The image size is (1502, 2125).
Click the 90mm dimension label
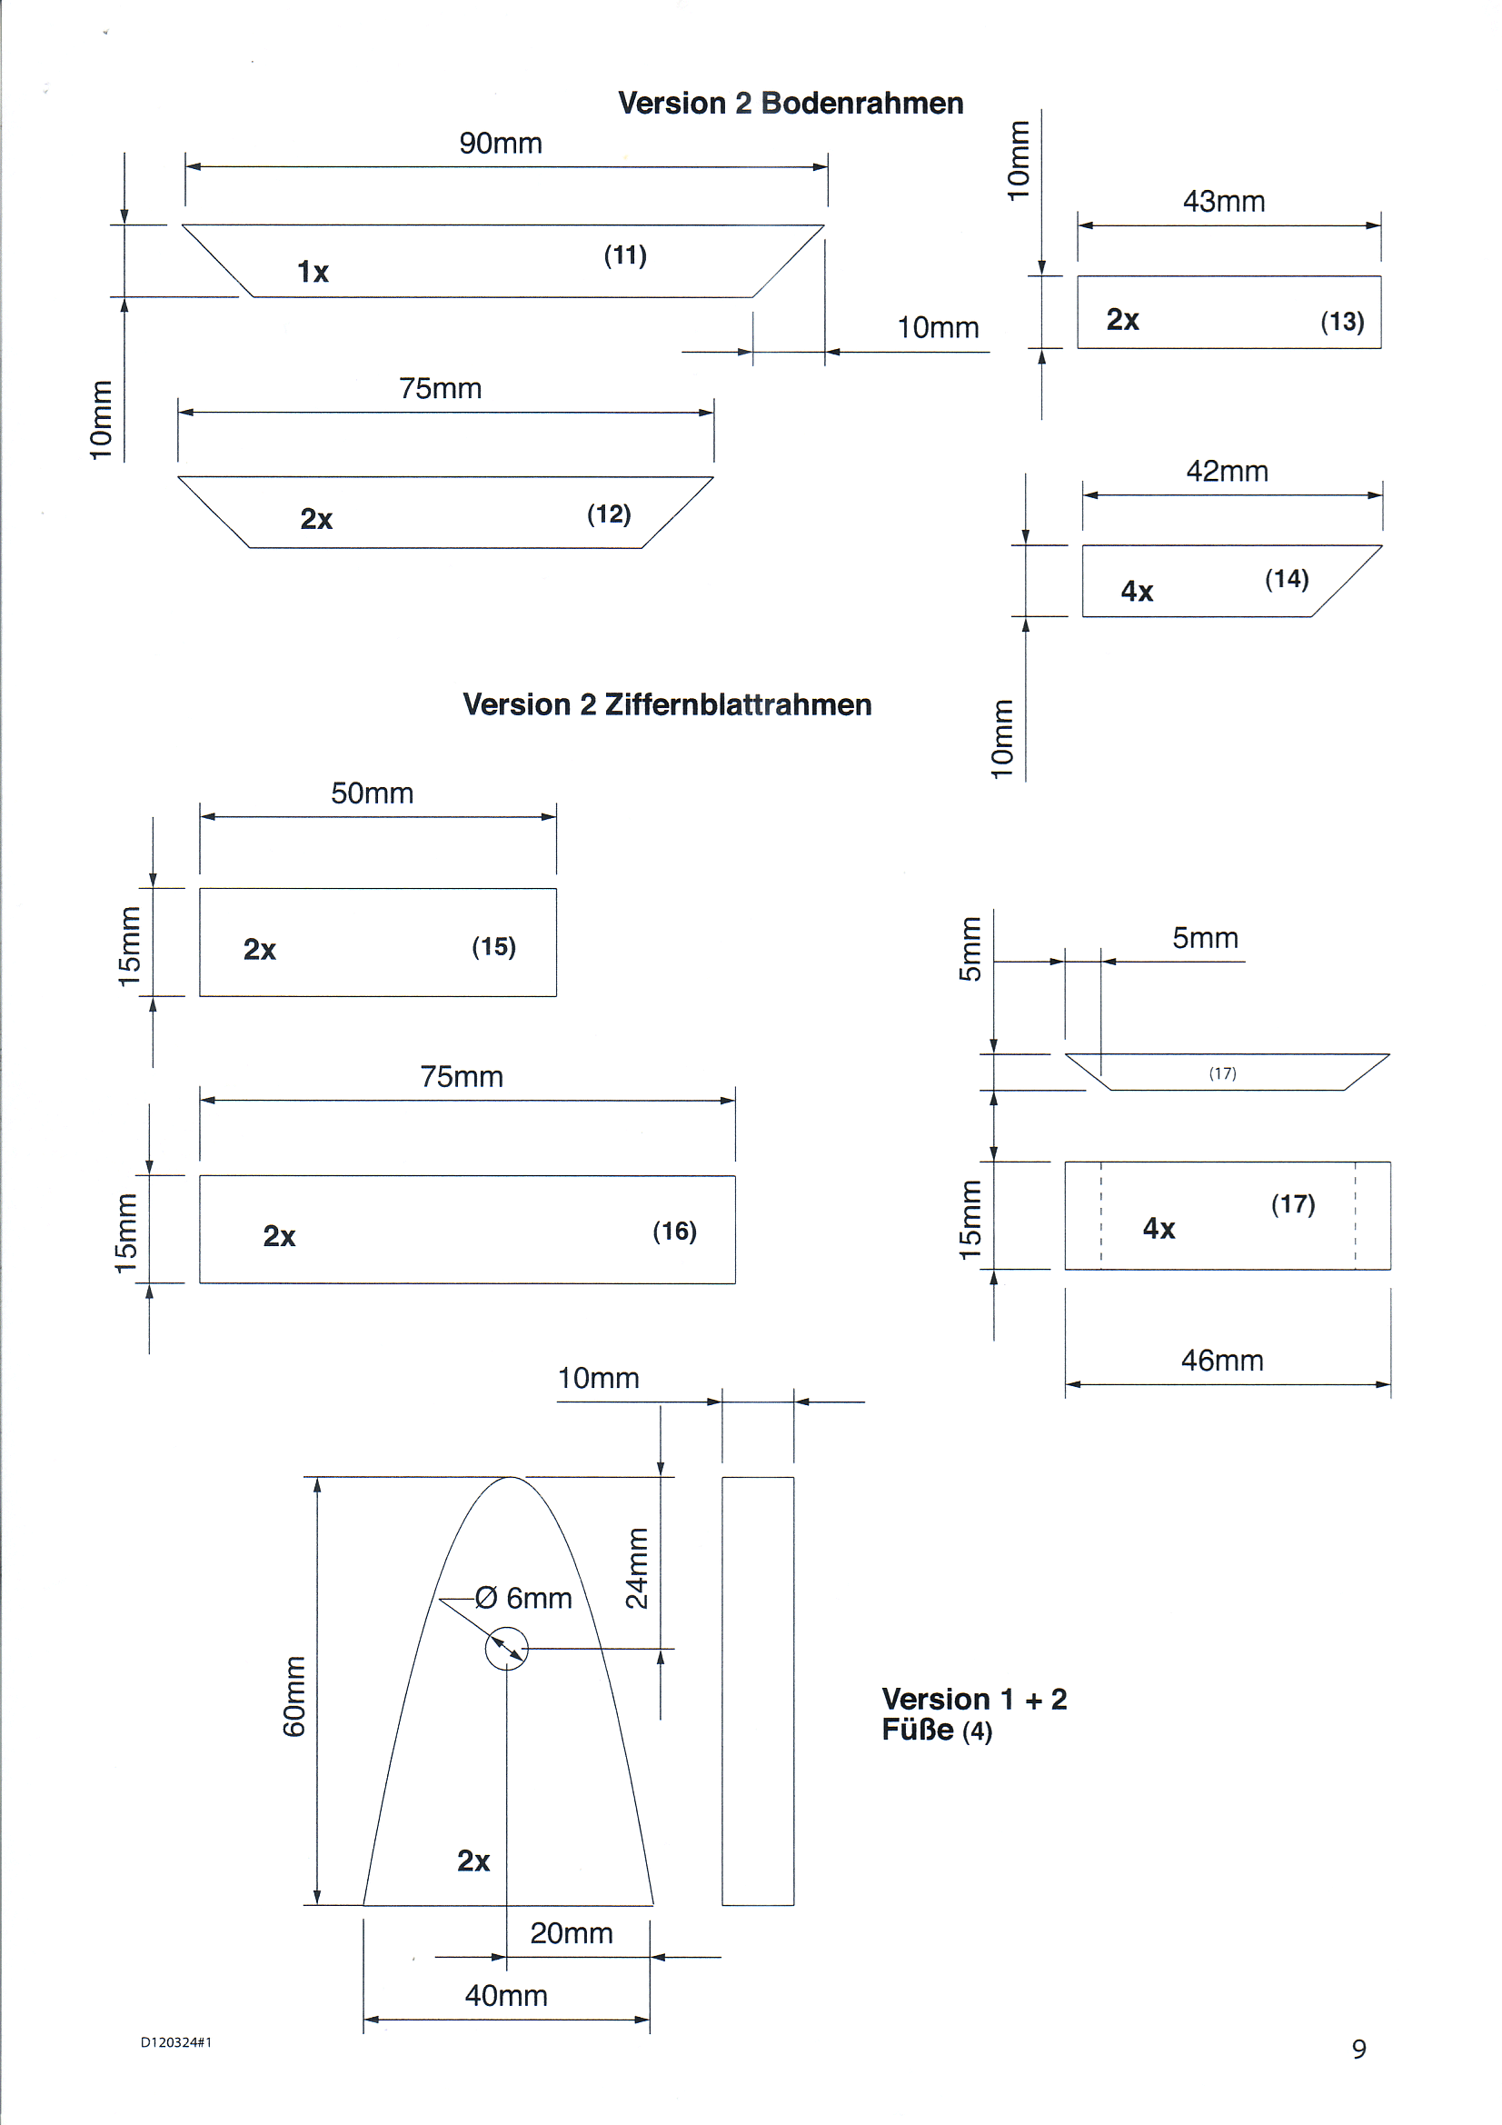coord(500,144)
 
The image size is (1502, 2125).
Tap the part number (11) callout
coord(624,254)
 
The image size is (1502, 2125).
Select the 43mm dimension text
coord(1222,202)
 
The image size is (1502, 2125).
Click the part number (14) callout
coord(1287,579)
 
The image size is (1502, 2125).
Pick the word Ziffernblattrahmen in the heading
coord(738,705)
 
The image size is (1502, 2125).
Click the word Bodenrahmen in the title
coord(861,104)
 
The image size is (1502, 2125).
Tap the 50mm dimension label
coord(372,793)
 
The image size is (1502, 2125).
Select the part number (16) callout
coord(673,1231)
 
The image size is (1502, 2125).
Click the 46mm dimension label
coord(1221,1361)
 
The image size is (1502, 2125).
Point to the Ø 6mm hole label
coord(523,1599)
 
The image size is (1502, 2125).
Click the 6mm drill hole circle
coord(506,1649)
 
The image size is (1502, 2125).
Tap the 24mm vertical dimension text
coord(637,1568)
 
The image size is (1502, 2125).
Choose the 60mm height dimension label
coord(293,1696)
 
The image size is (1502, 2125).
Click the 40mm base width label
coord(505,1995)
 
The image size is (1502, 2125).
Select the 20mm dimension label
coord(571,1933)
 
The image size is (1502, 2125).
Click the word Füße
coord(917,1730)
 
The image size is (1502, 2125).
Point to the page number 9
coord(1358,2049)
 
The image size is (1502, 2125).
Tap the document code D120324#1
coord(176,2042)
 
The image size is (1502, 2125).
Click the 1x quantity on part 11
coord(313,272)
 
